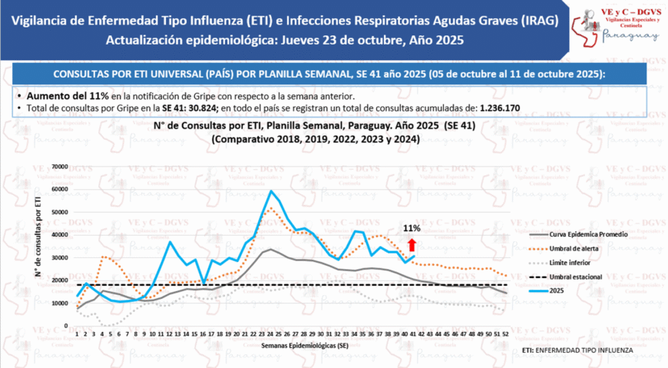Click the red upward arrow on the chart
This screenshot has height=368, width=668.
pyautogui.click(x=412, y=244)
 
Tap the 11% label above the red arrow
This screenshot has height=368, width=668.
pyautogui.click(x=412, y=229)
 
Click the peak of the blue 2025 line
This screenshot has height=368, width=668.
pyautogui.click(x=271, y=191)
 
